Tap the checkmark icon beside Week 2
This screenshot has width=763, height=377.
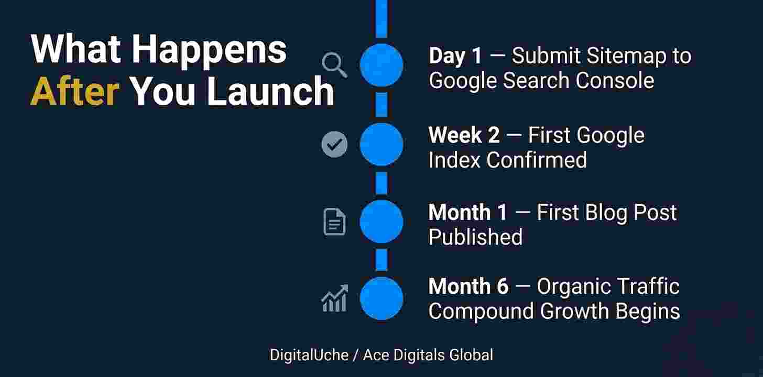click(x=334, y=144)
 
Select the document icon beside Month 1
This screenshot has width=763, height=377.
click(x=334, y=221)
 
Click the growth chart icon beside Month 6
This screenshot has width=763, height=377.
click(x=334, y=298)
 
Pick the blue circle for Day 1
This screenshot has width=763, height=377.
click(x=381, y=65)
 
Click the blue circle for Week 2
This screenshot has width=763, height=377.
click(x=381, y=144)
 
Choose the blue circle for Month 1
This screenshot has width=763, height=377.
click(x=381, y=221)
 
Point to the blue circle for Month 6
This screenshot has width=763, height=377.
click(x=381, y=298)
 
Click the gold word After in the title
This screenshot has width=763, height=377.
click(x=74, y=91)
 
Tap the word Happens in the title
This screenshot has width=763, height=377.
click(x=209, y=50)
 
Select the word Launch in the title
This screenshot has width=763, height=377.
click(x=270, y=91)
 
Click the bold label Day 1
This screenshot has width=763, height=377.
click(x=455, y=56)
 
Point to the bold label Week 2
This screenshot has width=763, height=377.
click(x=464, y=136)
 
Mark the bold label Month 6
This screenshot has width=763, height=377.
click(x=468, y=286)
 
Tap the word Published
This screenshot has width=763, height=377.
click(x=475, y=237)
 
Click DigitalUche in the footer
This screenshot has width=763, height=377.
click(x=309, y=355)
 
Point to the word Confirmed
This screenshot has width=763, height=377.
click(x=537, y=160)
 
